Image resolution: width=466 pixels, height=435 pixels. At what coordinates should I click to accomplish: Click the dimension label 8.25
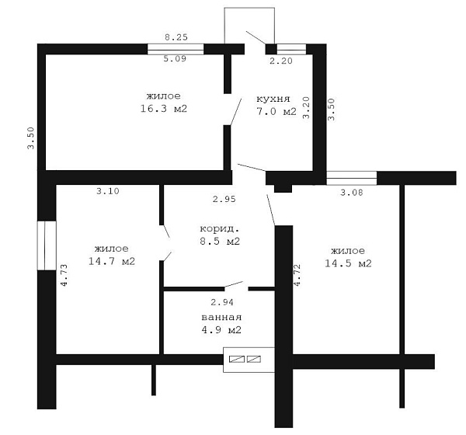pyautogui.click(x=176, y=37)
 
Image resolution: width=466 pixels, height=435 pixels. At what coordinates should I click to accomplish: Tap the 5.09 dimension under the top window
pyautogui.click(x=175, y=58)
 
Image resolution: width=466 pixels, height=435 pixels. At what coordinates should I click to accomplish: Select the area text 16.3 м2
pyautogui.click(x=164, y=109)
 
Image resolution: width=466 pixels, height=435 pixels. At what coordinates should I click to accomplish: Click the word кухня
pyautogui.click(x=273, y=99)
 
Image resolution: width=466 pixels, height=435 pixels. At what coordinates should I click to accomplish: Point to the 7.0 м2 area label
pyautogui.click(x=276, y=112)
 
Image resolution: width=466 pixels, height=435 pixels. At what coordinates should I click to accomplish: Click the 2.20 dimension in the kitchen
pyautogui.click(x=281, y=61)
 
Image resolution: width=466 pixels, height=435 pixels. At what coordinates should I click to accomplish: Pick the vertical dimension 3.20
pyautogui.click(x=306, y=108)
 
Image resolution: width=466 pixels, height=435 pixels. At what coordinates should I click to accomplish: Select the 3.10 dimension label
pyautogui.click(x=108, y=191)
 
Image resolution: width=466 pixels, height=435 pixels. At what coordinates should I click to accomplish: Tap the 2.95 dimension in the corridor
pyautogui.click(x=224, y=199)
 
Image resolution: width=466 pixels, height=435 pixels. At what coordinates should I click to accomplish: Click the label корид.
pyautogui.click(x=220, y=228)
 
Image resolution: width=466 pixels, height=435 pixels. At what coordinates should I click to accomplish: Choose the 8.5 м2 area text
pyautogui.click(x=220, y=241)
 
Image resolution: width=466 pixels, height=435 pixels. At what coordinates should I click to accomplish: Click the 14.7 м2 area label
pyautogui.click(x=112, y=261)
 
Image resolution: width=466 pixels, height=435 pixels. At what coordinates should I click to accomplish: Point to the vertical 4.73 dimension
pyautogui.click(x=64, y=275)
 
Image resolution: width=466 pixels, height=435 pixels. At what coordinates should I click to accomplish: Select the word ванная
pyautogui.click(x=221, y=317)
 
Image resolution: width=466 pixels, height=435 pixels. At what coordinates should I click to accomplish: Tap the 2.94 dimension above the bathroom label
pyautogui.click(x=222, y=302)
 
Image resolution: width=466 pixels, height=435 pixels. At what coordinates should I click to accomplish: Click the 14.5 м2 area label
pyautogui.click(x=348, y=263)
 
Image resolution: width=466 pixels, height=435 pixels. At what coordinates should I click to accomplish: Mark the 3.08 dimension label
pyautogui.click(x=352, y=193)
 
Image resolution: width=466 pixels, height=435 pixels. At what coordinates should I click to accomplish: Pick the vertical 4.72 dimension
pyautogui.click(x=297, y=275)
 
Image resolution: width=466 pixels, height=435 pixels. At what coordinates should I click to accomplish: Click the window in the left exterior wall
pyautogui.click(x=47, y=245)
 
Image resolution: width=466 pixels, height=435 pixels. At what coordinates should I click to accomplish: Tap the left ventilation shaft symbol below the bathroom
pyautogui.click(x=237, y=359)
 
